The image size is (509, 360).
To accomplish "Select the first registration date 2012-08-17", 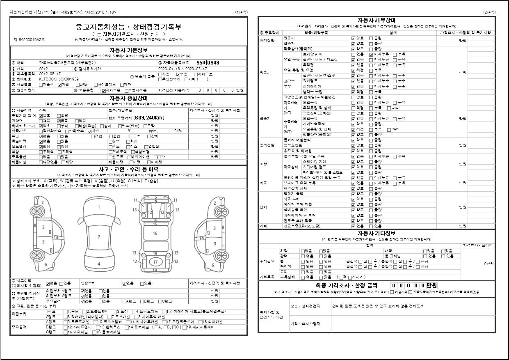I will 50,73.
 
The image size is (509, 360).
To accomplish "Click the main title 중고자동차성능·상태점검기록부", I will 129,27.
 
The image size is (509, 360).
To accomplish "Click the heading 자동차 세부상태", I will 376,20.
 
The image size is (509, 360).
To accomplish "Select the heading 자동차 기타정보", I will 376,233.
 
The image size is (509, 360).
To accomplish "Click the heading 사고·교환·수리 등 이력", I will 129,169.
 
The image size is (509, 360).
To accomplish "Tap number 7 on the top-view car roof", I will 99,237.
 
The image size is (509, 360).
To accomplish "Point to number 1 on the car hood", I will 99,207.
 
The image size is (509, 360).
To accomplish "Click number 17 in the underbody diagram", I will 155,261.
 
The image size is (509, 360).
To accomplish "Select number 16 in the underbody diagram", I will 155,233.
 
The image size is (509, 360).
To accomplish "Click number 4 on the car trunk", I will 99,264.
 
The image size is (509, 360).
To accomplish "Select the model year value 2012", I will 43,69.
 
